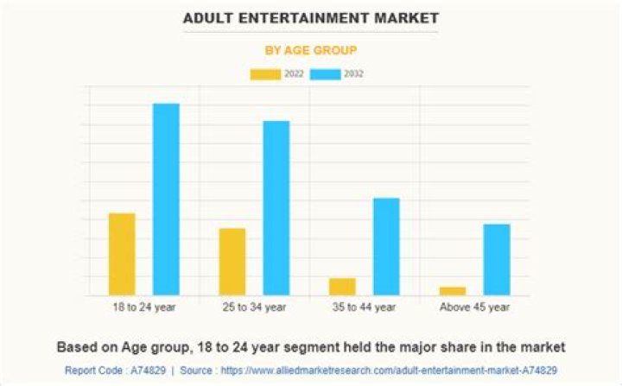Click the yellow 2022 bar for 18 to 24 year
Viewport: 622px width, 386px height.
(122, 254)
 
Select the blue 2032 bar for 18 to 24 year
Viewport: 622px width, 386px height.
(166, 199)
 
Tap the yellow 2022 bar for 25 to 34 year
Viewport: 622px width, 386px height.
(232, 262)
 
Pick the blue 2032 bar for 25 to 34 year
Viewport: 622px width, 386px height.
(276, 208)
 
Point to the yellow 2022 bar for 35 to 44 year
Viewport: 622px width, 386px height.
(342, 287)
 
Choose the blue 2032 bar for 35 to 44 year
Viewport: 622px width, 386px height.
(386, 247)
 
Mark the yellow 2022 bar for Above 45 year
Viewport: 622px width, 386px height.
(452, 291)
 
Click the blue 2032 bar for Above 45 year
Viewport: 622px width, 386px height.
(496, 260)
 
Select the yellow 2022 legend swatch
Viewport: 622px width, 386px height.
(264, 74)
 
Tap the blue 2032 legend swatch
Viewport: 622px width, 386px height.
(325, 74)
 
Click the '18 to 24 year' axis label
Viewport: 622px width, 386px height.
(144, 307)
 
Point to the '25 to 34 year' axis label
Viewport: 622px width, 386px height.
(254, 307)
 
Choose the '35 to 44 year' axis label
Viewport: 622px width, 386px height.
(364, 307)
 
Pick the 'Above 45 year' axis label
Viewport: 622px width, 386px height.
(474, 307)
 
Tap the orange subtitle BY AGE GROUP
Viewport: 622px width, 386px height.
(310, 50)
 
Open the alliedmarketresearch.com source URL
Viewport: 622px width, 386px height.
(394, 370)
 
